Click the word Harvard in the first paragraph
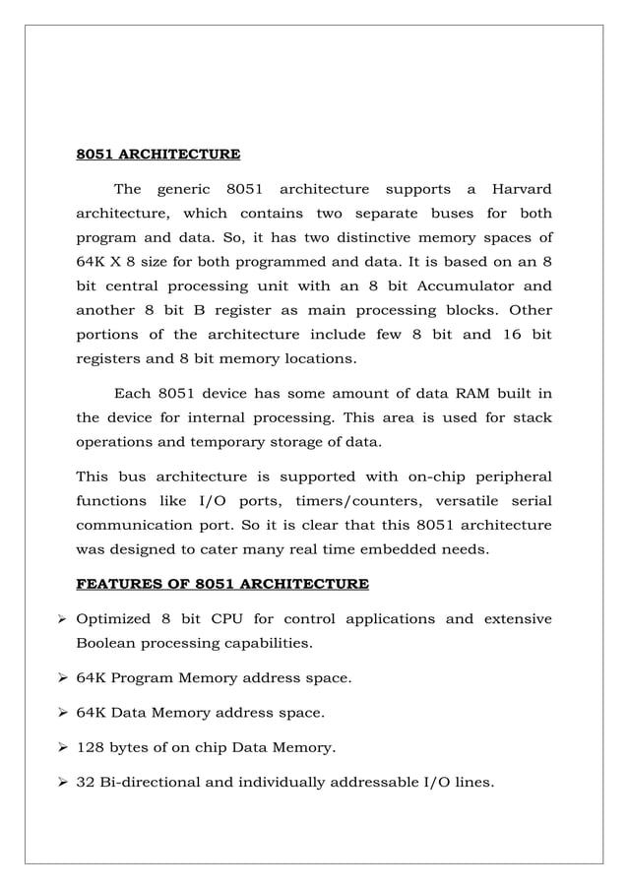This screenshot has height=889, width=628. coord(521,189)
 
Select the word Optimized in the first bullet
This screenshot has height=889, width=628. coord(113,619)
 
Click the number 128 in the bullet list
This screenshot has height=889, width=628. coord(91,747)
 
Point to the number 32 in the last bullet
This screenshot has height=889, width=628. coord(86,783)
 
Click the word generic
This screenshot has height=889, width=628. coord(183,189)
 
